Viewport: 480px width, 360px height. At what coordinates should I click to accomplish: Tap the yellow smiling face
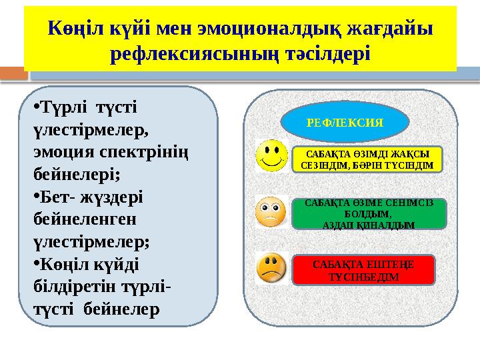tap(270, 155)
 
